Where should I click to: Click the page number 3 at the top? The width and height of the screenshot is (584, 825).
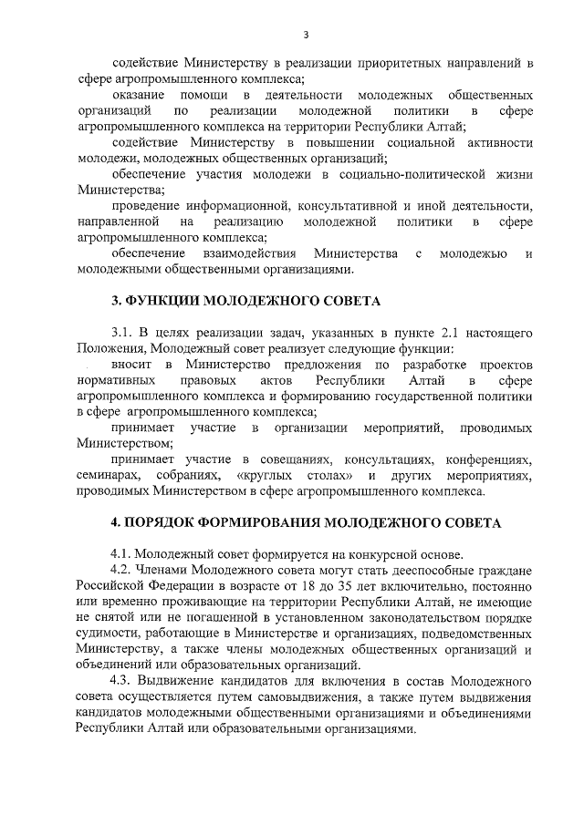[307, 35]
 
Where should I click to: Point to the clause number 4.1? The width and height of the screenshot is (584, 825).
[121, 554]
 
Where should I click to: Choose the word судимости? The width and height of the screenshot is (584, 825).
[108, 634]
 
